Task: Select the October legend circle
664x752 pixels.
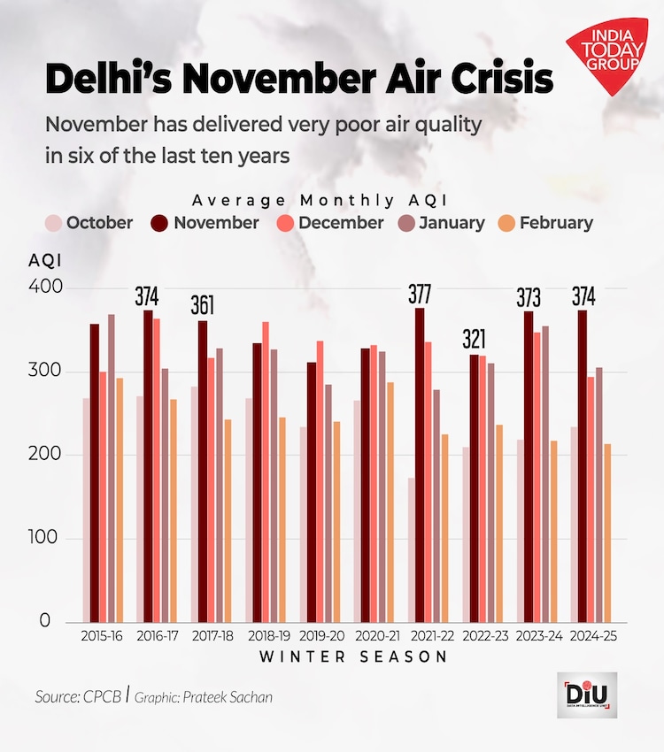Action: (x=54, y=223)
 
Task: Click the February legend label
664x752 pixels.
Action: (x=556, y=223)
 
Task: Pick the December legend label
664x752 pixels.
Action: (x=341, y=223)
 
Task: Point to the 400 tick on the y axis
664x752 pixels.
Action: (x=46, y=288)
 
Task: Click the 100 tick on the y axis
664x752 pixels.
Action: (x=46, y=538)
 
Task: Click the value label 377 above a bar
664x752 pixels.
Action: (x=421, y=295)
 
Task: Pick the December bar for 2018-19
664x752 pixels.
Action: (x=266, y=472)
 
